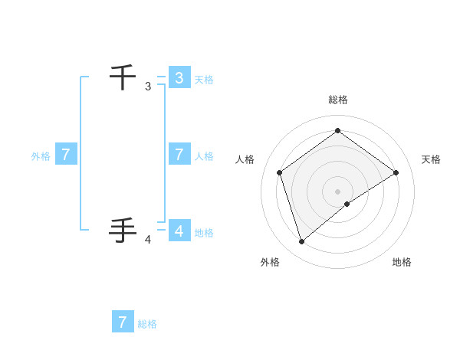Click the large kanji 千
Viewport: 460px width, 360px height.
pyautogui.click(x=123, y=77)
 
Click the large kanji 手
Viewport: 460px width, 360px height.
pyautogui.click(x=123, y=230)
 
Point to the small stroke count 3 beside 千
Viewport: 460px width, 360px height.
pyautogui.click(x=148, y=87)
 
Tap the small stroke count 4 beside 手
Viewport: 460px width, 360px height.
pyautogui.click(x=148, y=240)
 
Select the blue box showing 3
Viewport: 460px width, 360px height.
pyautogui.click(x=179, y=77)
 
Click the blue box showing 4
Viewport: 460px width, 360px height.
pyautogui.click(x=179, y=230)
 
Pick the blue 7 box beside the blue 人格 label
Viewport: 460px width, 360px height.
pyautogui.click(x=179, y=154)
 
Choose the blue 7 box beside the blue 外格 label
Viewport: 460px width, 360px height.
pyautogui.click(x=66, y=155)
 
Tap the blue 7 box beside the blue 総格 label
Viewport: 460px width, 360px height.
pyautogui.click(x=123, y=322)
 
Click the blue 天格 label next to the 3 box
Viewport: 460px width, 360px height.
pyautogui.click(x=204, y=79)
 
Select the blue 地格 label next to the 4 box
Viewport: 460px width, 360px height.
pyautogui.click(x=204, y=233)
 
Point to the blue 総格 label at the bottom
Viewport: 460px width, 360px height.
pyautogui.click(x=147, y=324)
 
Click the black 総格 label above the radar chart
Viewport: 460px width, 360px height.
pyautogui.click(x=337, y=100)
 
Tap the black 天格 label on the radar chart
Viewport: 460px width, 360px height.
pyautogui.click(x=431, y=159)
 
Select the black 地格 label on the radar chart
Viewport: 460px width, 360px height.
pyautogui.click(x=402, y=262)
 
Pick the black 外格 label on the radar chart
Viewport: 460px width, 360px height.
pyautogui.click(x=270, y=262)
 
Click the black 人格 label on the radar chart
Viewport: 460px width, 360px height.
pyautogui.click(x=245, y=159)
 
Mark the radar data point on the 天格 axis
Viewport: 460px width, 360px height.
pyautogui.click(x=396, y=172)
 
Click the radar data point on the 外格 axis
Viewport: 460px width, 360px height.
pyautogui.click(x=301, y=242)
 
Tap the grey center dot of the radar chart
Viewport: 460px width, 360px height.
pyautogui.click(x=337, y=191)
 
